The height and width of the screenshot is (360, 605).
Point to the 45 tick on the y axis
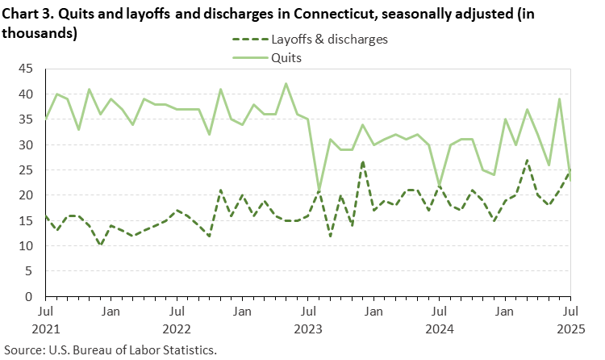pyautogui.click(x=27, y=69)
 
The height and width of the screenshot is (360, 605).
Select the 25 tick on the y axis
pyautogui.click(x=27, y=170)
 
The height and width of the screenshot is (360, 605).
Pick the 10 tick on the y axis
pyautogui.click(x=27, y=246)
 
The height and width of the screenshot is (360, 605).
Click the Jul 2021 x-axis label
pyautogui.click(x=46, y=319)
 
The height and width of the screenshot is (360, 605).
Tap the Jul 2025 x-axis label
pyautogui.click(x=570, y=319)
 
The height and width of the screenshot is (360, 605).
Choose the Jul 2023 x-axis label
pyautogui.click(x=308, y=319)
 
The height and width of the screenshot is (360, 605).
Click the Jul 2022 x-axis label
pyautogui.click(x=177, y=319)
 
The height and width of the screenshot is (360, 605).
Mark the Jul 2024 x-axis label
pyautogui.click(x=439, y=319)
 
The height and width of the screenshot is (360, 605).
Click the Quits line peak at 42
pyautogui.click(x=286, y=84)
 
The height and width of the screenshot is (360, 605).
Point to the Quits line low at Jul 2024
pyautogui.click(x=439, y=186)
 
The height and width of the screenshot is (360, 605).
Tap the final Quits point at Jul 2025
pyautogui.click(x=570, y=170)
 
